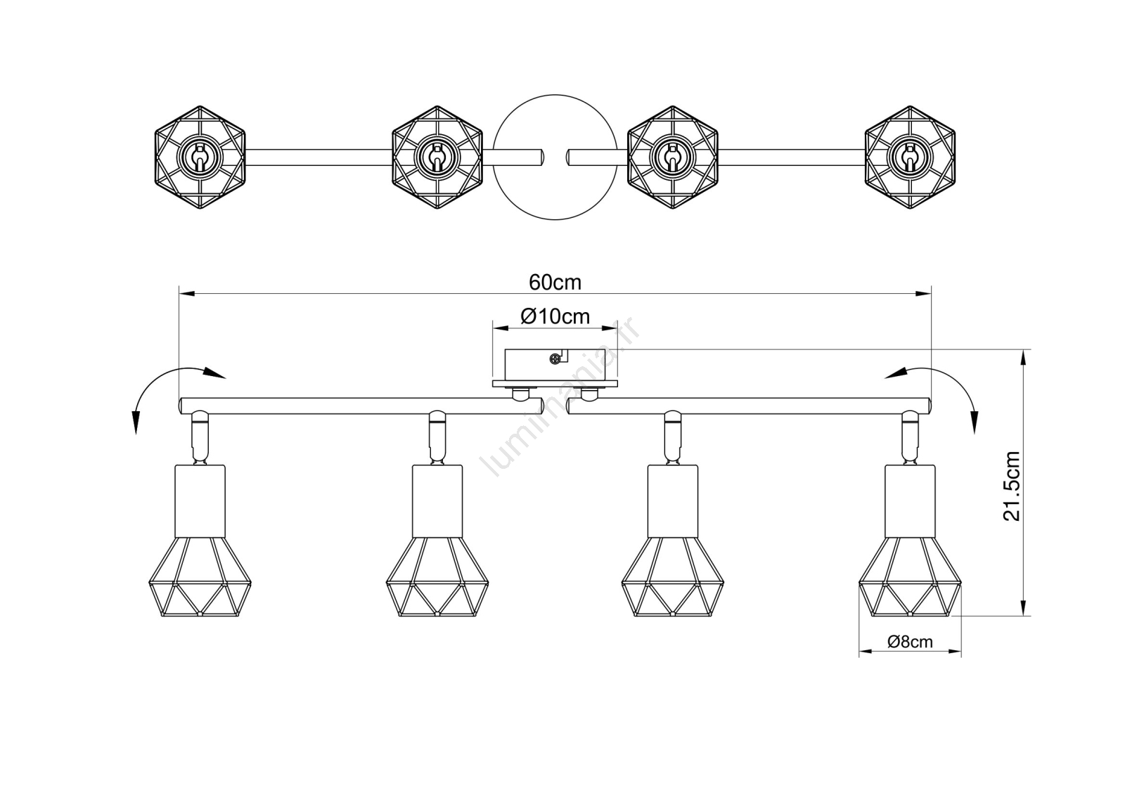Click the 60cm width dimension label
[555, 283]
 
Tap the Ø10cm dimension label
[555, 316]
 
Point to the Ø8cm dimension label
[910, 642]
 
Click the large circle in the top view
[555, 157]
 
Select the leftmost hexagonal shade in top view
[200, 157]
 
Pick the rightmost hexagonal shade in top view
[910, 157]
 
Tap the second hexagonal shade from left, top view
[437, 157]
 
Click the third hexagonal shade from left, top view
[672, 157]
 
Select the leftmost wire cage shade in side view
[200, 576]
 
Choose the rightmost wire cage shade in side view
[910, 576]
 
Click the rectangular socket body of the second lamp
[437, 501]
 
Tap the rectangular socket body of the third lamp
[672, 501]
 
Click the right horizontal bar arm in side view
[748, 406]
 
